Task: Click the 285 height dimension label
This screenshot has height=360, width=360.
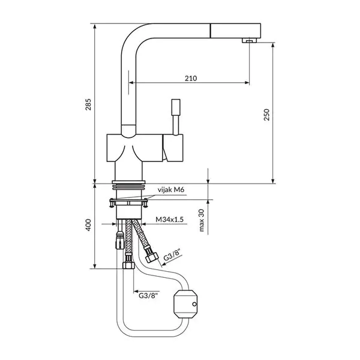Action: (x=88, y=104)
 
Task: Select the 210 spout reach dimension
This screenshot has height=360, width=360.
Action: (x=191, y=79)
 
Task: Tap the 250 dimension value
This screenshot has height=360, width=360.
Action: (x=266, y=115)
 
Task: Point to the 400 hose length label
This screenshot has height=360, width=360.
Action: (x=88, y=225)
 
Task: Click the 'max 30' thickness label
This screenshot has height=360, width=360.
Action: (x=202, y=220)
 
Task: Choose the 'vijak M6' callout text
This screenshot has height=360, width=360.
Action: (x=171, y=190)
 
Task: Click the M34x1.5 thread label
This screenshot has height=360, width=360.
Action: (x=170, y=220)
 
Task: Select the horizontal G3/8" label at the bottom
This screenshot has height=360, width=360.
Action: (x=149, y=295)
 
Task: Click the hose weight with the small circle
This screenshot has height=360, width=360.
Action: (x=185, y=304)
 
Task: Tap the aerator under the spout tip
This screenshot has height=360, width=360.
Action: (x=249, y=41)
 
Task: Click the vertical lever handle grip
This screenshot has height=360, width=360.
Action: (x=176, y=107)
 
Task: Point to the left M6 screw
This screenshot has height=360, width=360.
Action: (x=112, y=203)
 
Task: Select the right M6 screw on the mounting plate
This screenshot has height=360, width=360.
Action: (x=145, y=203)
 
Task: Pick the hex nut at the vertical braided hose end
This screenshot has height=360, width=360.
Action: (x=128, y=265)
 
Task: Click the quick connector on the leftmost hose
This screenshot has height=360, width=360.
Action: (x=119, y=241)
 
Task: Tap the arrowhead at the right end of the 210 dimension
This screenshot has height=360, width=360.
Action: (x=247, y=83)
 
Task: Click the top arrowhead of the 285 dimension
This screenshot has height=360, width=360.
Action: (x=95, y=26)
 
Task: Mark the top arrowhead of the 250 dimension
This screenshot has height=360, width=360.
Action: (x=273, y=45)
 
